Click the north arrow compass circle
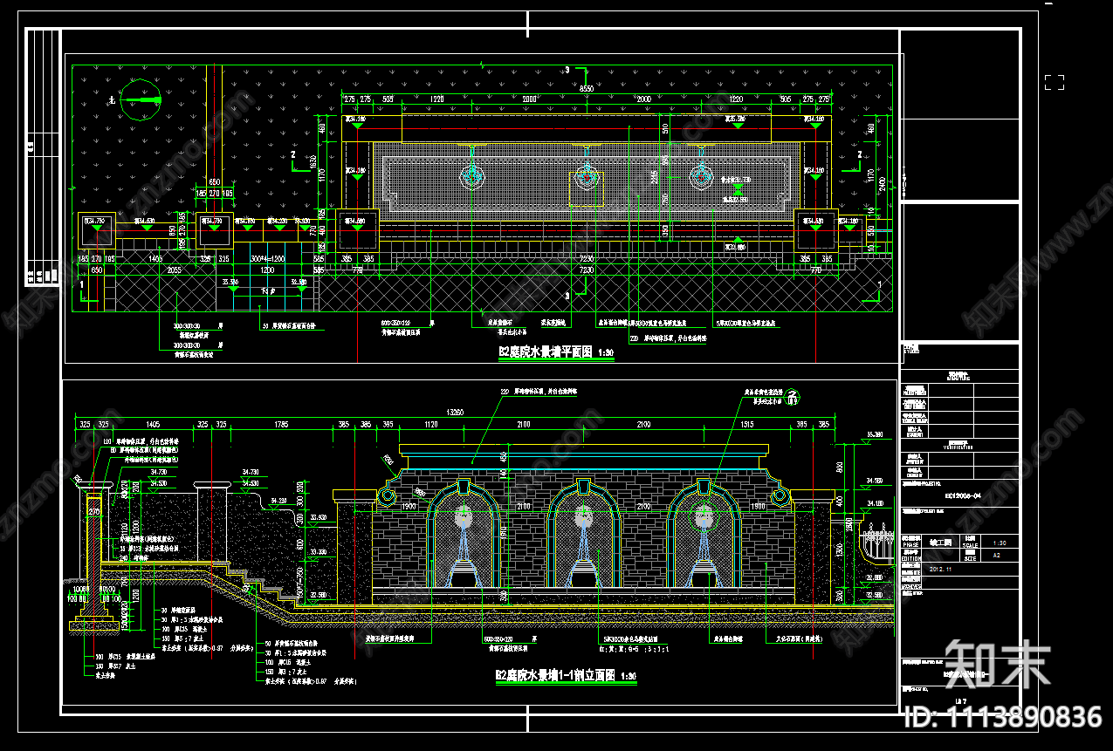point(141,100)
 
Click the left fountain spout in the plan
point(472,176)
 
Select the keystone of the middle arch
point(582,481)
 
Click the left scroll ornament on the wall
point(385,496)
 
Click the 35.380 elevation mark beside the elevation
point(873,434)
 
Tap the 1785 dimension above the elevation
point(281,425)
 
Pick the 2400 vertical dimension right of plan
point(882,183)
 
